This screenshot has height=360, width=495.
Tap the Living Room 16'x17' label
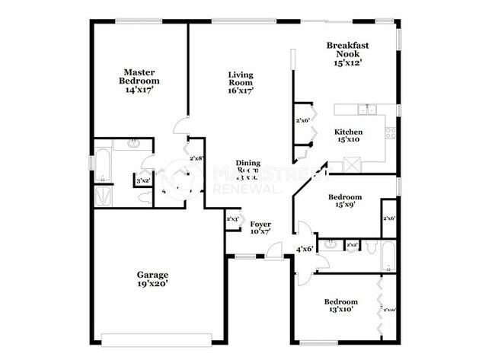click(x=241, y=82)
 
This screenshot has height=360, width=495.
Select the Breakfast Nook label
click(x=348, y=54)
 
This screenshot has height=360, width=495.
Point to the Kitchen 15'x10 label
click(x=349, y=136)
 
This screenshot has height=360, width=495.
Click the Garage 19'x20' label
click(x=152, y=279)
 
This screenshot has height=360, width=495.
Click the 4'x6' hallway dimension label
click(x=305, y=248)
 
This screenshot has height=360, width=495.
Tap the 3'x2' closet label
click(x=142, y=181)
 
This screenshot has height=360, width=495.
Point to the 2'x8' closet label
click(x=196, y=158)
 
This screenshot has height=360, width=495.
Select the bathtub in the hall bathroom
click(x=388, y=256)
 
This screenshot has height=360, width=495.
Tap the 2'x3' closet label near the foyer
click(x=234, y=219)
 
